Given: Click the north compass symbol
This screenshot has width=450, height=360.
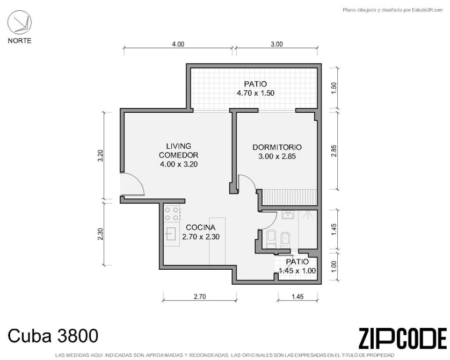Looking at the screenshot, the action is pos(19,22).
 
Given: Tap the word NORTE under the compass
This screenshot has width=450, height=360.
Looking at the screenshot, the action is pos(19,40).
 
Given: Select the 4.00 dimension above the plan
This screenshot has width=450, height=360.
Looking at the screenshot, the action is pos(178,44).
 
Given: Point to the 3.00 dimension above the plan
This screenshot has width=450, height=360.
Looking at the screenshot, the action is pos(277,44).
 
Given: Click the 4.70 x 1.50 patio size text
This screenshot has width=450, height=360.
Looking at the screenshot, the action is pos(256,93).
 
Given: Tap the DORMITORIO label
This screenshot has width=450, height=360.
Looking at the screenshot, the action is pos(277,147).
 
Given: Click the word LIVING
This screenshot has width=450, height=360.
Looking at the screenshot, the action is pos(178,146).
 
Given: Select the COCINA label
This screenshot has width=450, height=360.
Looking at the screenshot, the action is pos(201,227).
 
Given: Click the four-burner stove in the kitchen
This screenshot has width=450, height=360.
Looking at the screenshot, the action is pos(172,214).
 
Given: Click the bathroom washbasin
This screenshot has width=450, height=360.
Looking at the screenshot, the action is pos(288,215).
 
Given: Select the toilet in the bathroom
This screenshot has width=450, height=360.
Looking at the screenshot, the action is pos(271,239).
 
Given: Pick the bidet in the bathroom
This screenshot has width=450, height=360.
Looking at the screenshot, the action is pos(285,240).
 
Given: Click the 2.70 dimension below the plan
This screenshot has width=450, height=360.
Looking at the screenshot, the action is pos(200,296).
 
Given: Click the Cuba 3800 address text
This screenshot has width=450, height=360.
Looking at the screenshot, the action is pos(53,336).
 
